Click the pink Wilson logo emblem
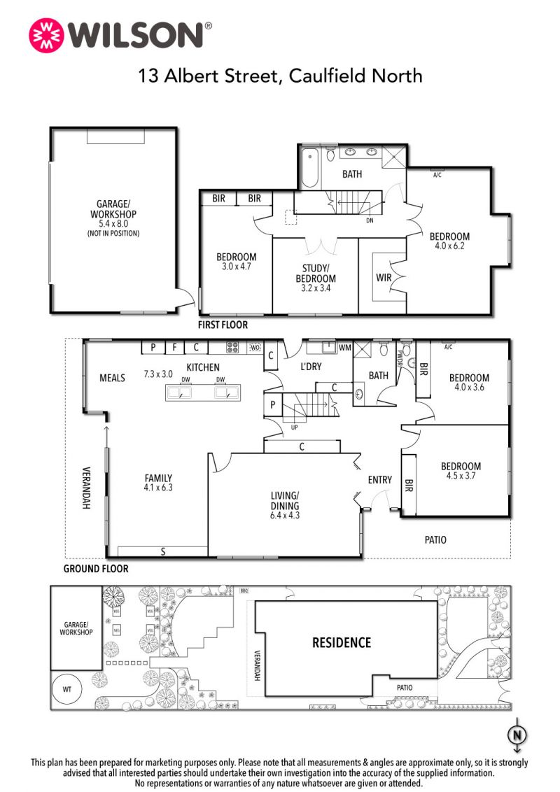(x=46, y=36)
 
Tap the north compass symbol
(x=517, y=735)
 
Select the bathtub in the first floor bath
(x=309, y=167)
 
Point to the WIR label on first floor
(x=384, y=277)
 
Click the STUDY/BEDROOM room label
(x=316, y=274)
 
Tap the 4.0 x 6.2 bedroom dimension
(x=449, y=246)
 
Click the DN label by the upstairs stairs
(x=370, y=220)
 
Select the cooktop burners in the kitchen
(x=232, y=348)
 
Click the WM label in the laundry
(x=344, y=348)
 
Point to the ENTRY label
(x=379, y=480)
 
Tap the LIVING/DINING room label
(x=284, y=500)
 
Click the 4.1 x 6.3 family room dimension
(x=158, y=488)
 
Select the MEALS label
(x=112, y=378)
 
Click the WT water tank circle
(x=67, y=689)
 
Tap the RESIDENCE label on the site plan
(x=342, y=642)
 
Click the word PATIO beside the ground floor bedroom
(x=435, y=540)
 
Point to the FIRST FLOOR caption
(x=223, y=325)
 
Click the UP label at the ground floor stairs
(x=295, y=427)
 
